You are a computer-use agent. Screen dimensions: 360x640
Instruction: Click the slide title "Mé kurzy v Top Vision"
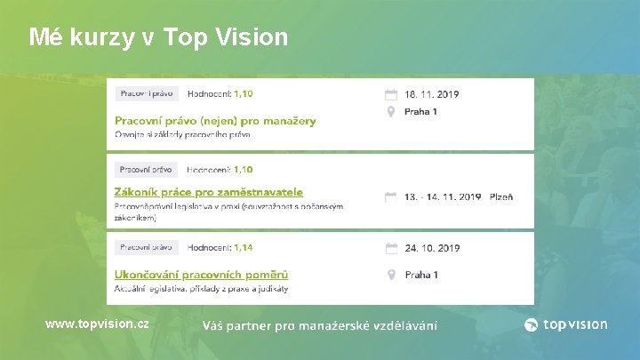click(x=158, y=37)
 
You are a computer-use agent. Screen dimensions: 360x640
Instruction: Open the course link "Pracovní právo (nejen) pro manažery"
click(x=215, y=120)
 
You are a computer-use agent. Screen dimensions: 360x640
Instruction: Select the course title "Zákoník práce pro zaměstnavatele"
click(x=209, y=191)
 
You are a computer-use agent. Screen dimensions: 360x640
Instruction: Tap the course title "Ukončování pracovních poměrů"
click(x=201, y=275)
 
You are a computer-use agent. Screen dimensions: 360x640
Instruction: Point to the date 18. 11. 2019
click(x=433, y=92)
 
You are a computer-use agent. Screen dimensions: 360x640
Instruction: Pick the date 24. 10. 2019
click(x=433, y=248)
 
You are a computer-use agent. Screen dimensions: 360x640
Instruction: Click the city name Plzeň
click(x=501, y=196)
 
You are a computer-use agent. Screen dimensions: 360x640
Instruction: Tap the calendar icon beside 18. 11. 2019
click(x=390, y=93)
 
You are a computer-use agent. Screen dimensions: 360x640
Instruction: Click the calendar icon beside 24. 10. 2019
click(x=390, y=249)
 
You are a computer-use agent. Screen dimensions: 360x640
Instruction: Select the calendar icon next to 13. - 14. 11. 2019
click(x=390, y=197)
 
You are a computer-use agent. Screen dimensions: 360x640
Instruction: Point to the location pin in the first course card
click(x=390, y=112)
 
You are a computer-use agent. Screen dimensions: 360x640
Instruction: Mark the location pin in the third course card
click(x=390, y=275)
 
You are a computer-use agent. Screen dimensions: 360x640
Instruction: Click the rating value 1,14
click(x=243, y=248)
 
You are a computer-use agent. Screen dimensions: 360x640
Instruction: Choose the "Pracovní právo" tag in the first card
click(x=148, y=93)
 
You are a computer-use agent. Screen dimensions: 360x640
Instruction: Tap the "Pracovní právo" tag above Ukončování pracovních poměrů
click(x=148, y=248)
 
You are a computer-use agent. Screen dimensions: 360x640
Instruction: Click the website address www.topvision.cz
click(x=97, y=324)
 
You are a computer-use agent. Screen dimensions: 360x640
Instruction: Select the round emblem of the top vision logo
click(x=532, y=324)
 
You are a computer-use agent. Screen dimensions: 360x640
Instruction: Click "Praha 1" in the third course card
click(x=421, y=275)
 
